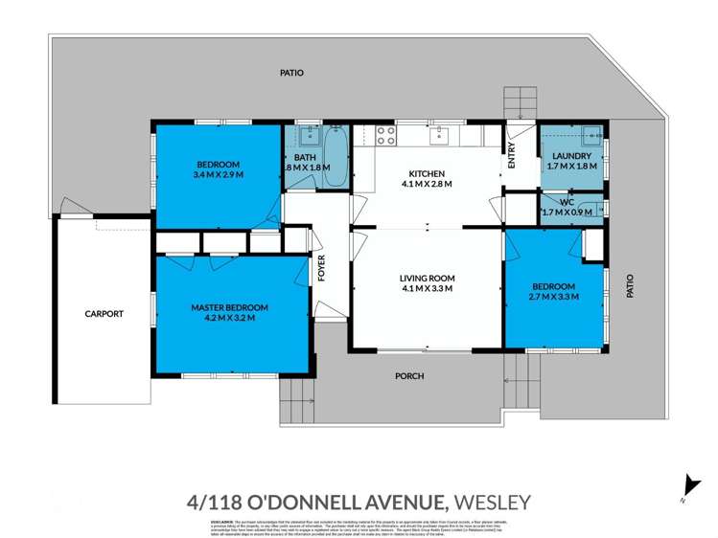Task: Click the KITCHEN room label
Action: (427, 173)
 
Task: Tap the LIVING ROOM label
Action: (427, 278)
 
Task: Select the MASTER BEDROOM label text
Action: (229, 307)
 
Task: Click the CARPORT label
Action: (104, 313)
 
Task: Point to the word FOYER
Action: (323, 270)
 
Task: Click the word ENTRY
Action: (511, 155)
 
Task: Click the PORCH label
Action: (409, 375)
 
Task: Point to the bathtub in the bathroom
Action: (336, 153)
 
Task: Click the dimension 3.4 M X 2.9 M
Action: (218, 175)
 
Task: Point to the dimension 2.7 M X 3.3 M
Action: (554, 298)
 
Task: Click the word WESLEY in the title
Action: (491, 502)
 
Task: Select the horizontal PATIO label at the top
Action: (291, 72)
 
